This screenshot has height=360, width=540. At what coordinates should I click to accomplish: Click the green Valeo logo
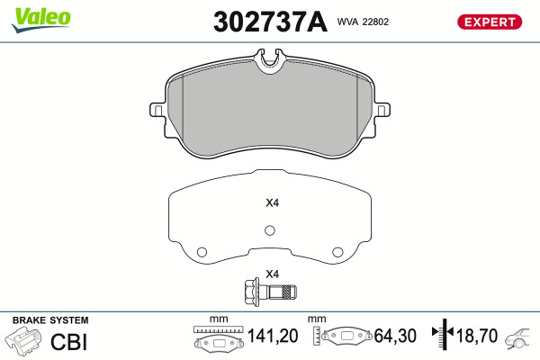pos(40,19)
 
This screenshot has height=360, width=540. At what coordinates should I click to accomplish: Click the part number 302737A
pos(270,22)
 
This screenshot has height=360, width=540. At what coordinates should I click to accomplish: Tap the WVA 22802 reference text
pos(363,22)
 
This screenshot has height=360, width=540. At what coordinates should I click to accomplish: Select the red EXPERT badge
pos(490,22)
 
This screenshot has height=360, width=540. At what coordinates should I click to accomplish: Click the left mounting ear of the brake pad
pos(157,110)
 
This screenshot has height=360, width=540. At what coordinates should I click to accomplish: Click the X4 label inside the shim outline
pos(272,202)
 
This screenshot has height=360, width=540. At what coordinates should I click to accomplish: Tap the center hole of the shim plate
pos(270,230)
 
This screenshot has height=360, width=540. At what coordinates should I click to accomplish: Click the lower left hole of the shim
pos(202,252)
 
